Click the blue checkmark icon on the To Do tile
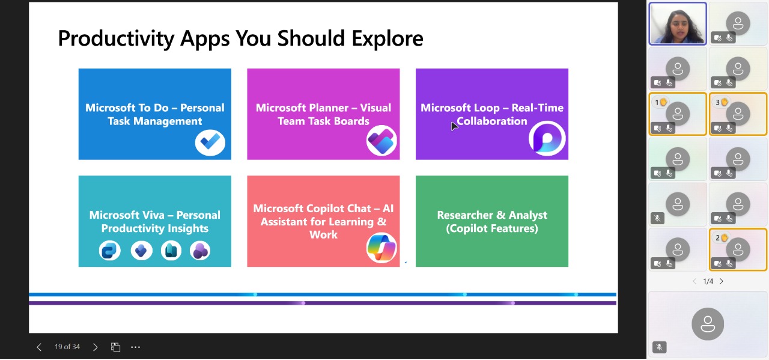point(210,142)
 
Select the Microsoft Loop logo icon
point(547,139)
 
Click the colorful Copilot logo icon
point(381,248)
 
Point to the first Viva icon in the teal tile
point(109,251)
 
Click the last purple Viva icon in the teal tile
point(200,251)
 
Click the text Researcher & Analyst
point(491,215)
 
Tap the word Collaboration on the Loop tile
point(491,121)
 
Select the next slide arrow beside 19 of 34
point(95,347)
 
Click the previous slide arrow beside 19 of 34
point(39,347)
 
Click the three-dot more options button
point(135,347)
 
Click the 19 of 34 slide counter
point(67,347)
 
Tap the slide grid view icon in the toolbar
point(115,347)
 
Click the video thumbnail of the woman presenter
point(678,23)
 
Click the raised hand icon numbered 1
point(663,102)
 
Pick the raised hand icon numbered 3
point(724,102)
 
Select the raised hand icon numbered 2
point(724,237)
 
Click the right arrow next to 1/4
point(722,281)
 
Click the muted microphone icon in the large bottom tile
point(659,347)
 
